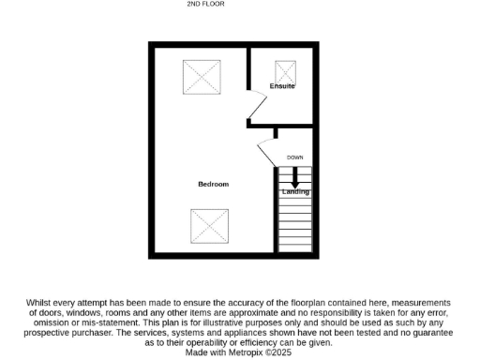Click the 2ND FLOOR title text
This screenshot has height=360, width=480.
pos(206,4)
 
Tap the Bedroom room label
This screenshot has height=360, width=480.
pos(213,184)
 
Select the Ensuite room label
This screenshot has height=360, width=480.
pos(282,86)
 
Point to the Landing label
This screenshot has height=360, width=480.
pos(295,192)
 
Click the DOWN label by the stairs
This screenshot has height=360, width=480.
pos(294,157)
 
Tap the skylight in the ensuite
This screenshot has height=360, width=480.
pos(285,72)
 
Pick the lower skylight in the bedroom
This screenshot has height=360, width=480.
pos(209,225)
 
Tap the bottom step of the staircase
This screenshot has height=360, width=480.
pos(295,247)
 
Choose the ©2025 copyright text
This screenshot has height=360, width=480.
pos(279,352)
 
